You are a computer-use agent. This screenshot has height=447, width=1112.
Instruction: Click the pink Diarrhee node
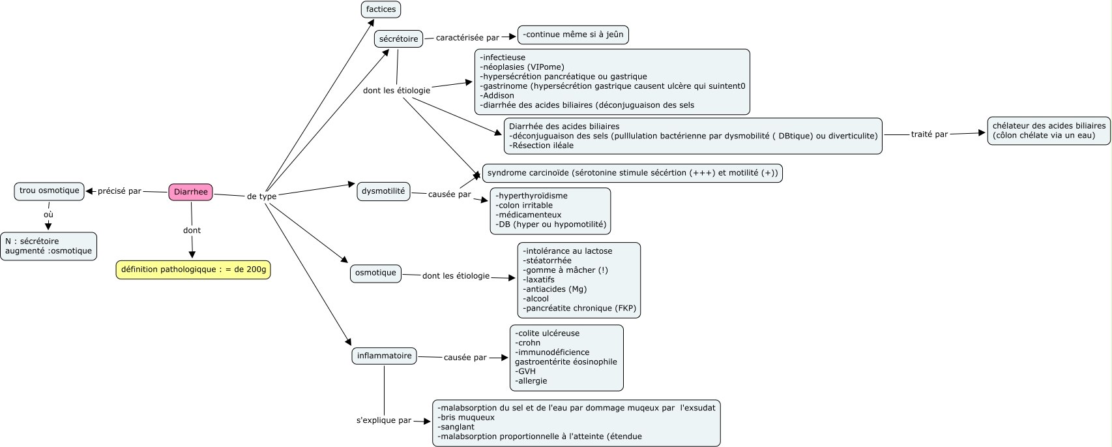(x=190, y=192)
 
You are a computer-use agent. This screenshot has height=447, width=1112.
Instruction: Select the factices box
(x=381, y=9)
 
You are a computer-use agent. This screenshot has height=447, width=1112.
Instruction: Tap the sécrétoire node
(x=398, y=39)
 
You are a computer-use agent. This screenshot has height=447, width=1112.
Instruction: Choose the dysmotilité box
(x=383, y=191)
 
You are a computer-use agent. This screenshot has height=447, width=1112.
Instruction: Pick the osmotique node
(x=375, y=273)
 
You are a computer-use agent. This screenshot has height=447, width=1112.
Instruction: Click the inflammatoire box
(x=384, y=356)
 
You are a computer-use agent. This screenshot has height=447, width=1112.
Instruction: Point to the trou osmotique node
(x=49, y=191)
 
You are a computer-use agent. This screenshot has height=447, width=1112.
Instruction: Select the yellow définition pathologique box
(x=193, y=270)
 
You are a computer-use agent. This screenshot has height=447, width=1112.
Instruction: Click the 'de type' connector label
(x=261, y=196)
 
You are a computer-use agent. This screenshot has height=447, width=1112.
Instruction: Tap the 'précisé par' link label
(x=119, y=191)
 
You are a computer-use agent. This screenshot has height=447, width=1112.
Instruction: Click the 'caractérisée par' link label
(x=467, y=38)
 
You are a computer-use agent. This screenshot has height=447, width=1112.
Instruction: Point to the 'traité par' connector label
(x=929, y=134)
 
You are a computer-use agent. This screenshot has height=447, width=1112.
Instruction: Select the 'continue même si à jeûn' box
(x=573, y=35)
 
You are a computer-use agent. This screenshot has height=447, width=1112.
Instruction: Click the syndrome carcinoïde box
(x=632, y=173)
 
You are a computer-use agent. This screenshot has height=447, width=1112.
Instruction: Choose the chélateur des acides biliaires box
(x=1049, y=131)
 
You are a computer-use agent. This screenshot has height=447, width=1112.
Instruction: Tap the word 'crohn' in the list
(x=529, y=343)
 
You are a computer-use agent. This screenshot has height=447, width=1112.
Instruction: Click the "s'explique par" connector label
(x=383, y=421)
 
